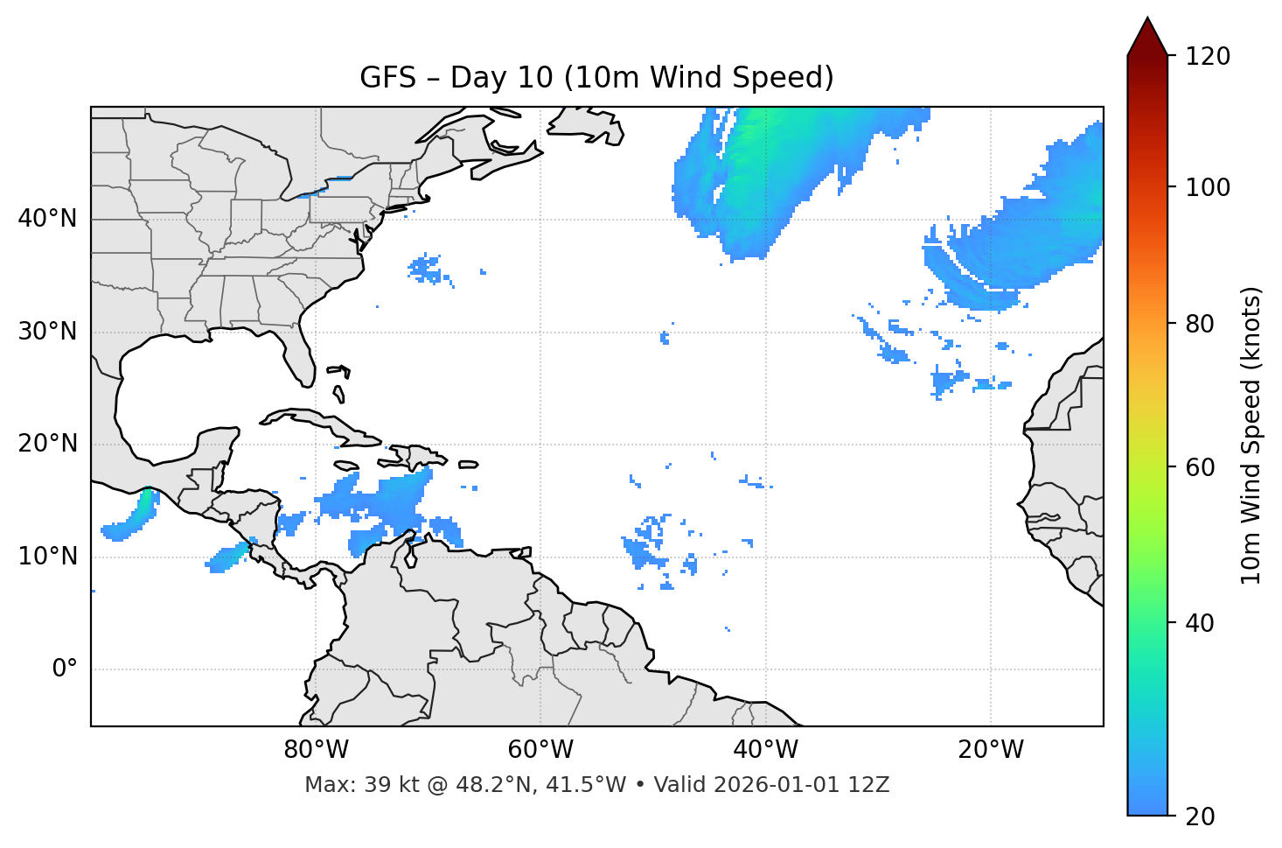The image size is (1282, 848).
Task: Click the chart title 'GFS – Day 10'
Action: tap(596, 78)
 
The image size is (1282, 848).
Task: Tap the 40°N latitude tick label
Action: tap(47, 219)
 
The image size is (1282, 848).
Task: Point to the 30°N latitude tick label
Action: tap(47, 332)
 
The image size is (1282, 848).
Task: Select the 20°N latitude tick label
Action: tap(47, 444)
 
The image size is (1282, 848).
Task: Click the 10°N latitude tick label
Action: tap(47, 557)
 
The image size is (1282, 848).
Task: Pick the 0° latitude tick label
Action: tap(64, 669)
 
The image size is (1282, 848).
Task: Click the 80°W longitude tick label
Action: tap(316, 750)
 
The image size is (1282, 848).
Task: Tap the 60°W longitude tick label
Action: tap(540, 750)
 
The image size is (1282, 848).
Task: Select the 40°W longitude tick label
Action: tap(765, 750)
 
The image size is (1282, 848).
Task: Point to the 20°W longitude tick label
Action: tap(990, 750)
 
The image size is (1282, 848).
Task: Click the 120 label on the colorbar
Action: tap(1208, 56)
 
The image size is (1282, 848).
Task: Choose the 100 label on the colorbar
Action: tap(1208, 187)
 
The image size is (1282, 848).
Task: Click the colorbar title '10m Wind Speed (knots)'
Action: tap(1251, 435)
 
